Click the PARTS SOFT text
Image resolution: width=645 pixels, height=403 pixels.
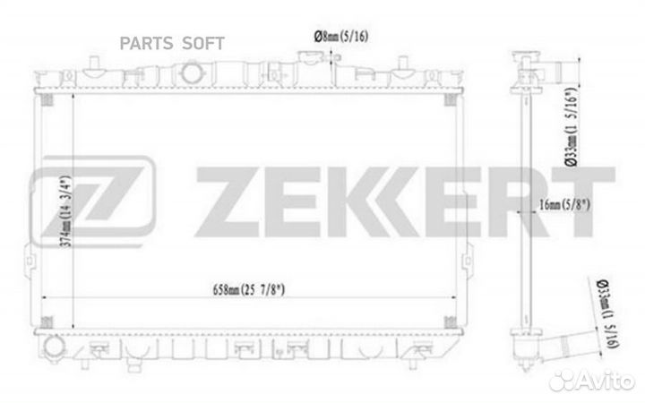172,43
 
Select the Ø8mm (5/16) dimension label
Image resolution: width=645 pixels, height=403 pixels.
341,36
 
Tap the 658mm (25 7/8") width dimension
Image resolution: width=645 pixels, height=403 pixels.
248,290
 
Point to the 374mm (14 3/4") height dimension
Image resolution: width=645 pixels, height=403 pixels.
65,211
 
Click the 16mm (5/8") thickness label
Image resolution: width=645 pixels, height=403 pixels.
564,204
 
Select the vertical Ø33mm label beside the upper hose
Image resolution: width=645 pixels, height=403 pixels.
572,127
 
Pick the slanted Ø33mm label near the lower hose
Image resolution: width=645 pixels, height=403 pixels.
608,313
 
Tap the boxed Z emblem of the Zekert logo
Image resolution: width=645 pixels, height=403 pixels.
92,201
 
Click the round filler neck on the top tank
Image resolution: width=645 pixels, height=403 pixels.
192,73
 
